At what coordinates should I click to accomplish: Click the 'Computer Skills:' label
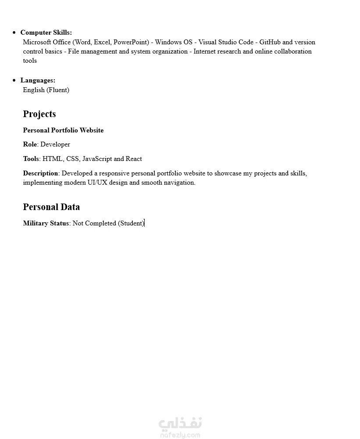point(46,32)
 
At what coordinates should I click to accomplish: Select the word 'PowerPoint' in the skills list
point(131,42)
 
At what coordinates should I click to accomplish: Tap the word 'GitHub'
point(270,42)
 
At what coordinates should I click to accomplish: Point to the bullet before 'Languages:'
point(14,80)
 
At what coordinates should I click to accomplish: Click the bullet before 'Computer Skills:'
point(14,32)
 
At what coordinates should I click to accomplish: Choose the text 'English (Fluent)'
point(46,90)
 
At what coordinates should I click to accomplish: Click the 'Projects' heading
point(39,114)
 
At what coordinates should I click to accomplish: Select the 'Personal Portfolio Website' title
point(63,130)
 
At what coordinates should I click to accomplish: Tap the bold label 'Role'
point(30,144)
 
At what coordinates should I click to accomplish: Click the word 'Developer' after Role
point(55,144)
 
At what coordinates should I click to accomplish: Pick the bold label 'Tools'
point(31,159)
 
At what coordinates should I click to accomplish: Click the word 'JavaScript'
point(97,159)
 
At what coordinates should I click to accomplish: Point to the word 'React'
point(134,159)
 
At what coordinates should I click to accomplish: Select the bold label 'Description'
point(40,173)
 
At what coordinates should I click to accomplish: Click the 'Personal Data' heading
point(51,207)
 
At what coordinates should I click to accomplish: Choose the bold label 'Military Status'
point(46,223)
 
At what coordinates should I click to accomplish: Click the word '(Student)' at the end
point(131,223)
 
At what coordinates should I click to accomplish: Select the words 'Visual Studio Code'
point(226,42)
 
